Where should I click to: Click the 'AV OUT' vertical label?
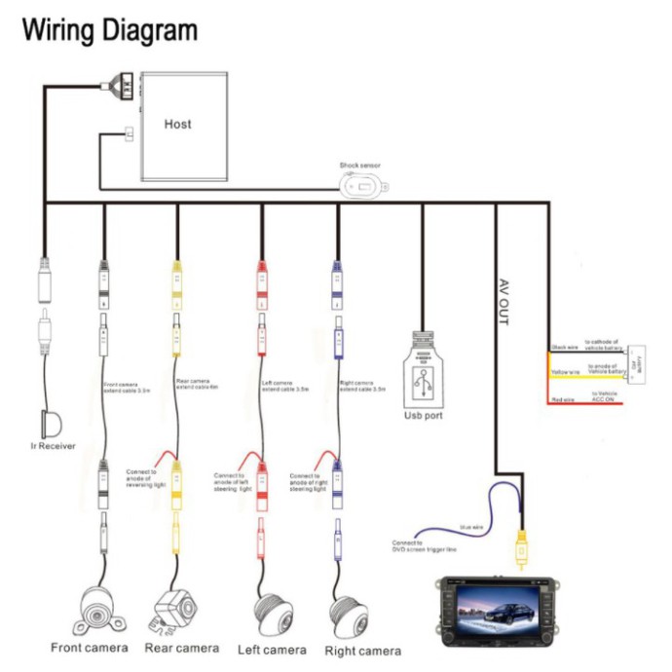tap(504, 301)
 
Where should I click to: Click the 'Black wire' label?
tap(565, 346)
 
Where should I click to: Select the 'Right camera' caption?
tap(362, 651)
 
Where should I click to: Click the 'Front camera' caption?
tap(89, 648)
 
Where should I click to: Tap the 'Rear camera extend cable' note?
tap(194, 384)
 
